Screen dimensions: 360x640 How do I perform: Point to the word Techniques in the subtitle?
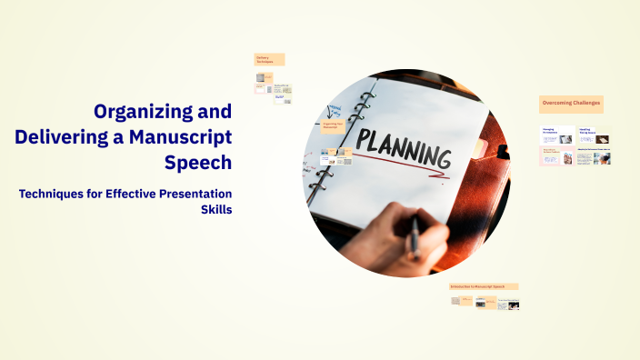(58, 194)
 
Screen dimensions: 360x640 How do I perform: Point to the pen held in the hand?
(415, 235)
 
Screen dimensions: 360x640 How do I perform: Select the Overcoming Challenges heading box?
(571, 104)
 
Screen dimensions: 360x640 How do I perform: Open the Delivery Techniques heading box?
(269, 59)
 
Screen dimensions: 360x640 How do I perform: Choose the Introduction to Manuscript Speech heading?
(485, 286)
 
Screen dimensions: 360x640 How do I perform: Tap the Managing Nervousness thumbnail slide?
(557, 135)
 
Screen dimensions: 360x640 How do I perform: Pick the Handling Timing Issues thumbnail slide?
(594, 135)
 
